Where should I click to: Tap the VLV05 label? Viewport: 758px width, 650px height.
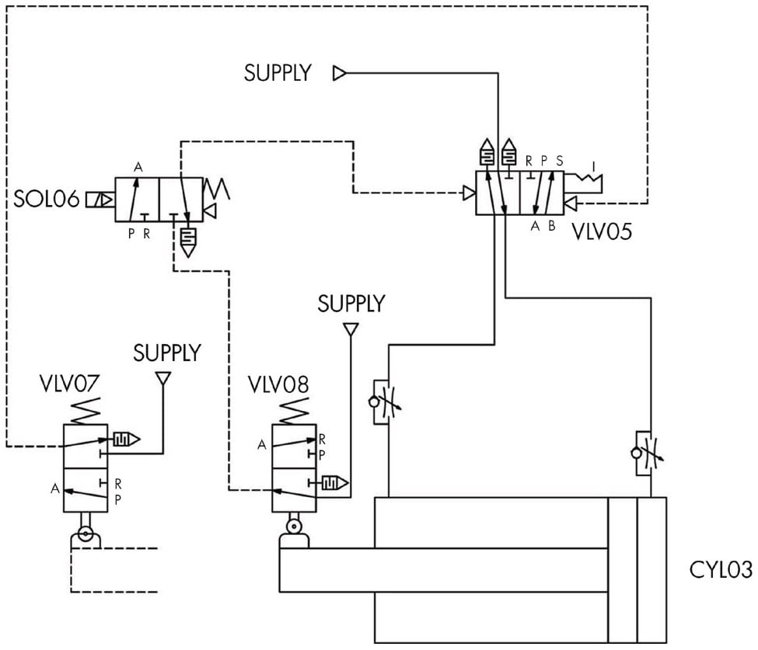pos(601,231)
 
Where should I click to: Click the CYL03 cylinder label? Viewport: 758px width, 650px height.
pos(721,569)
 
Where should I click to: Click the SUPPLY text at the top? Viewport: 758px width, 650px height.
pos(278,73)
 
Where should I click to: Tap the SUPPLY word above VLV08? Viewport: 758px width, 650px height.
pos(351,303)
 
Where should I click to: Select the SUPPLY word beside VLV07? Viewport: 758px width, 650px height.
pos(166,353)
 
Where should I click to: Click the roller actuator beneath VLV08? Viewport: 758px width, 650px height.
pos(294,527)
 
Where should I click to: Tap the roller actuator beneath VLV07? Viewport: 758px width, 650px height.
pos(85,535)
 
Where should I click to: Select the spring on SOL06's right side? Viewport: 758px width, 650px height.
pos(214,189)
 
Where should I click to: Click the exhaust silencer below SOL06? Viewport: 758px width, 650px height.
pos(187,242)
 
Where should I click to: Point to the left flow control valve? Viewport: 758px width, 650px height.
pos(382,401)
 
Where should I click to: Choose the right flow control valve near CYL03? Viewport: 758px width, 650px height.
pos(643,452)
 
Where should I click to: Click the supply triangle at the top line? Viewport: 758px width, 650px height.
pos(339,73)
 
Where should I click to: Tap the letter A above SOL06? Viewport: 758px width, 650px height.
pos(138,166)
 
